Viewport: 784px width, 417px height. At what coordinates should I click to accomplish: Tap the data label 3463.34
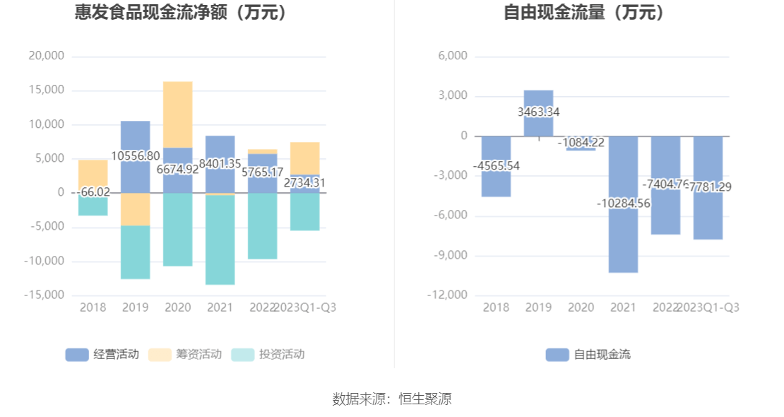point(538,112)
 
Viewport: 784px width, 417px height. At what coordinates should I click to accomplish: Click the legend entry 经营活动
point(102,354)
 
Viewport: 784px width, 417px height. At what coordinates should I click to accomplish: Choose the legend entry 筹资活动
point(185,354)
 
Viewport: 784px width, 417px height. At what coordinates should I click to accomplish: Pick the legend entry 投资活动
point(268,354)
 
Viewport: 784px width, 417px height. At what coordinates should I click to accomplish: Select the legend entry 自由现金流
point(588,354)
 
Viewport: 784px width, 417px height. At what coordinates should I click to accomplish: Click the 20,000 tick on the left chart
point(47,56)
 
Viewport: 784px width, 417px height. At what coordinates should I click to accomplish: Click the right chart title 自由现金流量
point(584,13)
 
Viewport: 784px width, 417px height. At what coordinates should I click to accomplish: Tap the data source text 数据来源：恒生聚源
point(392,399)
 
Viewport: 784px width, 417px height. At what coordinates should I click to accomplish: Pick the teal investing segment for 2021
point(220,240)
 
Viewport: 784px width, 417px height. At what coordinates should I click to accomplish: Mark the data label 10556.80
point(135,155)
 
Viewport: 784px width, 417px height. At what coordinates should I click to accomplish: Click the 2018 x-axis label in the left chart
point(93,307)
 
